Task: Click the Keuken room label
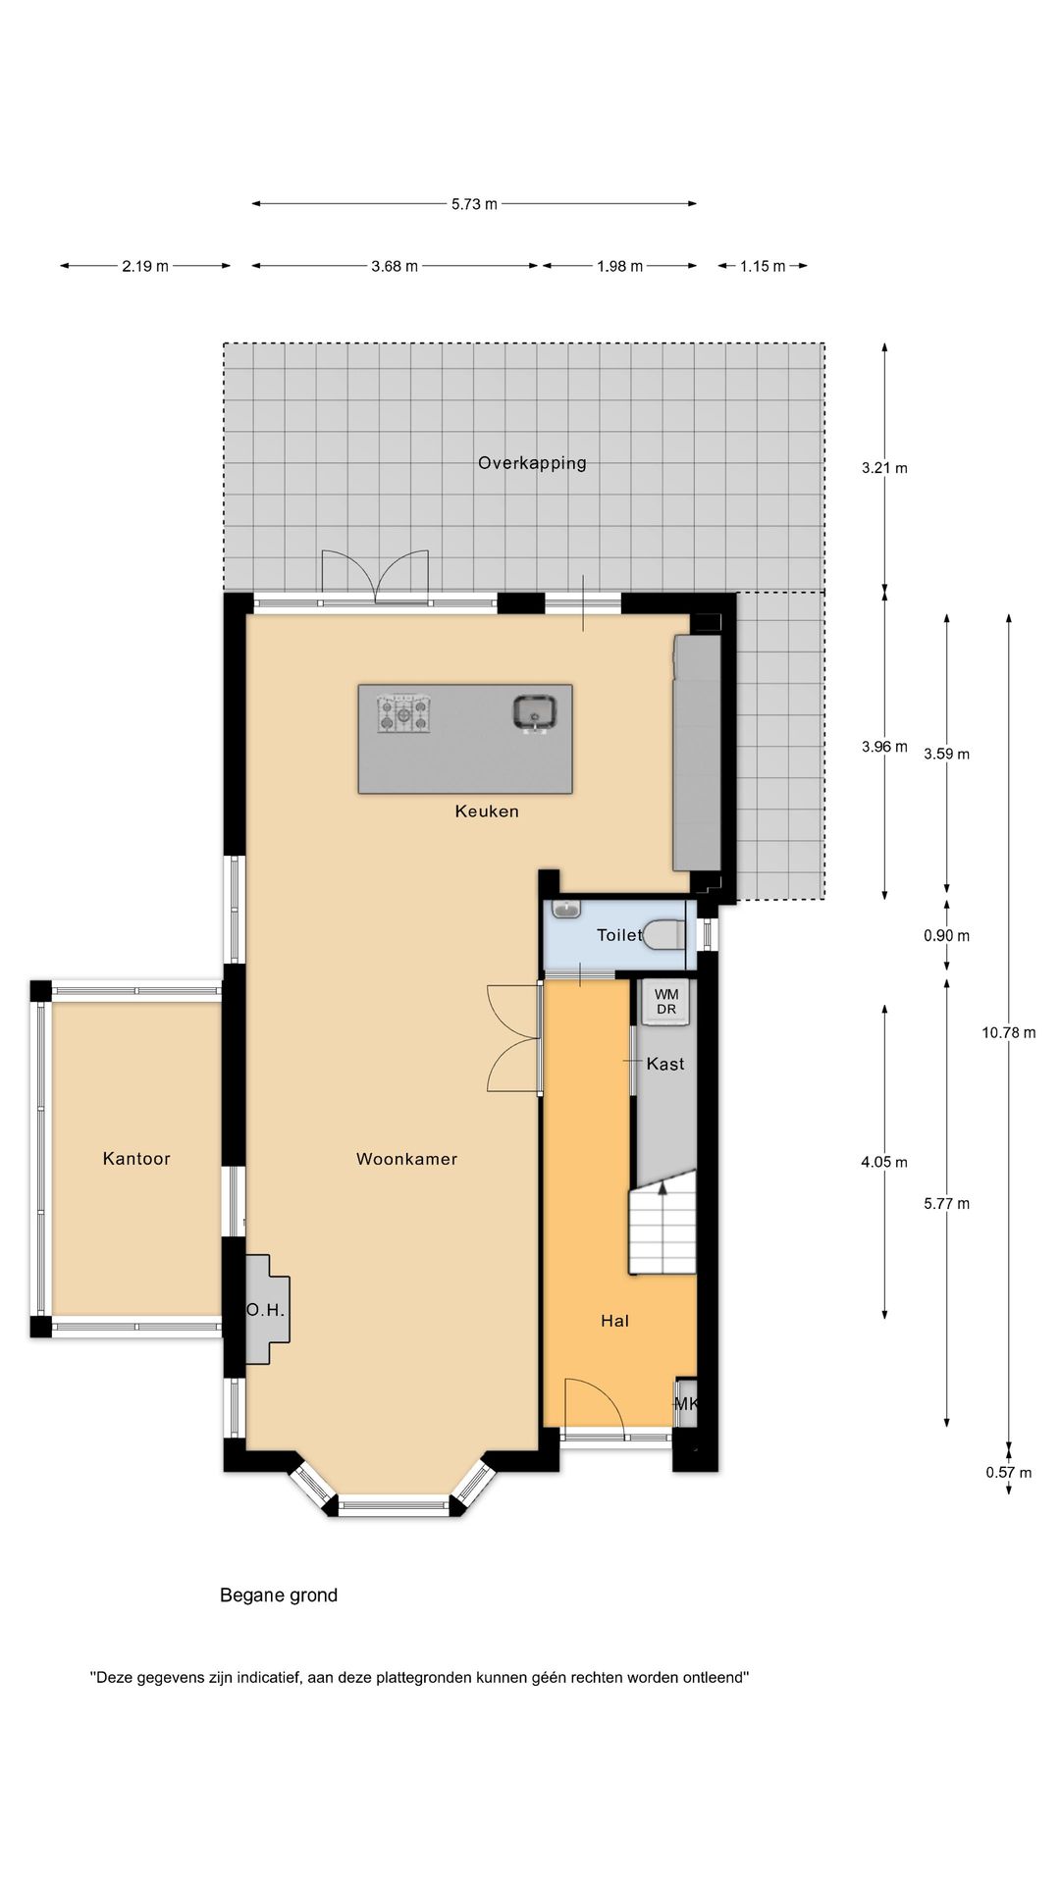pyautogui.click(x=487, y=811)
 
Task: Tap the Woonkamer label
pyautogui.click(x=406, y=1159)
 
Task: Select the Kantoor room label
pyautogui.click(x=136, y=1159)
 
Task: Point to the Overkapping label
pyautogui.click(x=532, y=463)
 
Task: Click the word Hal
pyautogui.click(x=615, y=1321)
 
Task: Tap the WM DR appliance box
pyautogui.click(x=667, y=1002)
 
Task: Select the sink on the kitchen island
pyautogui.click(x=535, y=711)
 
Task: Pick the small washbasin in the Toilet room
pyautogui.click(x=566, y=910)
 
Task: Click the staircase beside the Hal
pyautogui.click(x=662, y=1229)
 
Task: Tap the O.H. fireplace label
pyautogui.click(x=265, y=1310)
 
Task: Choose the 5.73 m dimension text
pyautogui.click(x=474, y=204)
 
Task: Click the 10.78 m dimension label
pyautogui.click(x=1008, y=1032)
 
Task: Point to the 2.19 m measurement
pyautogui.click(x=145, y=266)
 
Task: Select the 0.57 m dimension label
pyautogui.click(x=1009, y=1472)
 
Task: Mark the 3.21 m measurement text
pyautogui.click(x=884, y=468)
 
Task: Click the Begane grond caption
pyautogui.click(x=279, y=1596)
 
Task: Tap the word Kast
pyautogui.click(x=665, y=1064)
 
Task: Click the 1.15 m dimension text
pyautogui.click(x=763, y=266)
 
